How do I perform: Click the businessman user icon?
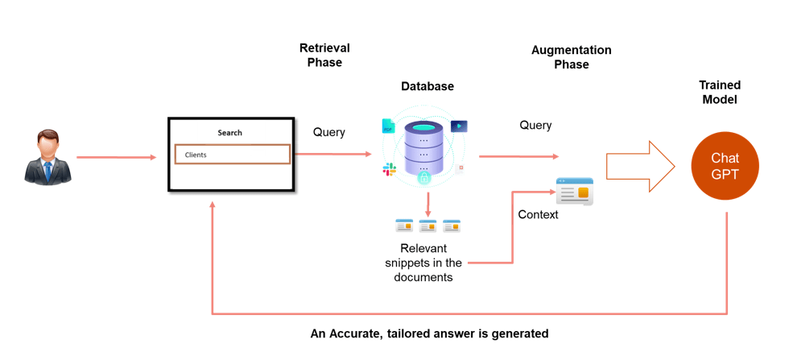[x=47, y=156]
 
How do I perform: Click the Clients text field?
[x=232, y=155]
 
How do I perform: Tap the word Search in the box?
[x=229, y=133]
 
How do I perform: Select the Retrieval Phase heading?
[x=324, y=56]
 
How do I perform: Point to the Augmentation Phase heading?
[x=571, y=57]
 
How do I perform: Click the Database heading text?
[x=427, y=86]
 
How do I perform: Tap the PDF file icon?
[x=388, y=126]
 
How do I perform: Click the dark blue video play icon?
[x=459, y=126]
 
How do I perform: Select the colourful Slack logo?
[x=390, y=169]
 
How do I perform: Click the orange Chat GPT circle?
[x=725, y=166]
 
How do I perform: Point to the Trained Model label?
[x=719, y=93]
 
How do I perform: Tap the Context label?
[x=538, y=215]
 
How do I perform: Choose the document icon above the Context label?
[x=574, y=192]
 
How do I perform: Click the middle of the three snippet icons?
[x=427, y=226]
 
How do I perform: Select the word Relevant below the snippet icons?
[x=423, y=249]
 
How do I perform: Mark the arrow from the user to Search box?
[x=116, y=158]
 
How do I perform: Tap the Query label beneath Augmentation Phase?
[x=535, y=126]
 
